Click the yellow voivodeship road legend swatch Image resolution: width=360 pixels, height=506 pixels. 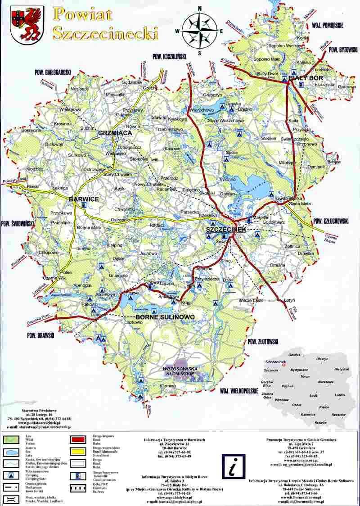click(x=79, y=449)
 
